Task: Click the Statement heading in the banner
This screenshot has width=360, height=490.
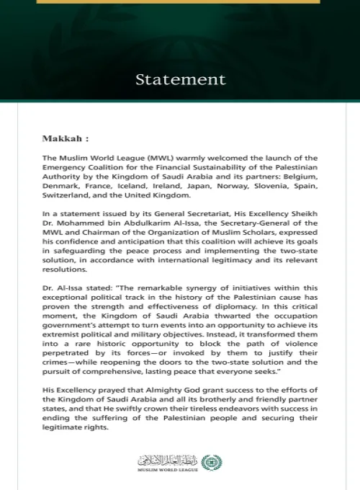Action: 179,79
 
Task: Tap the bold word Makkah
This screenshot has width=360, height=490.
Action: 61,136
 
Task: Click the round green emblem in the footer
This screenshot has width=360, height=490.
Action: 208,462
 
